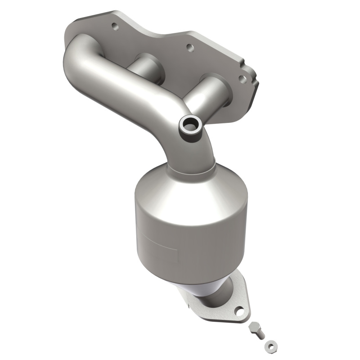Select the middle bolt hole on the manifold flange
click(189, 46)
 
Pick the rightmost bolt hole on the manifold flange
click(243, 79)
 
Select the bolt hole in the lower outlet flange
click(239, 311)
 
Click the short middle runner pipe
click(144, 67)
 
